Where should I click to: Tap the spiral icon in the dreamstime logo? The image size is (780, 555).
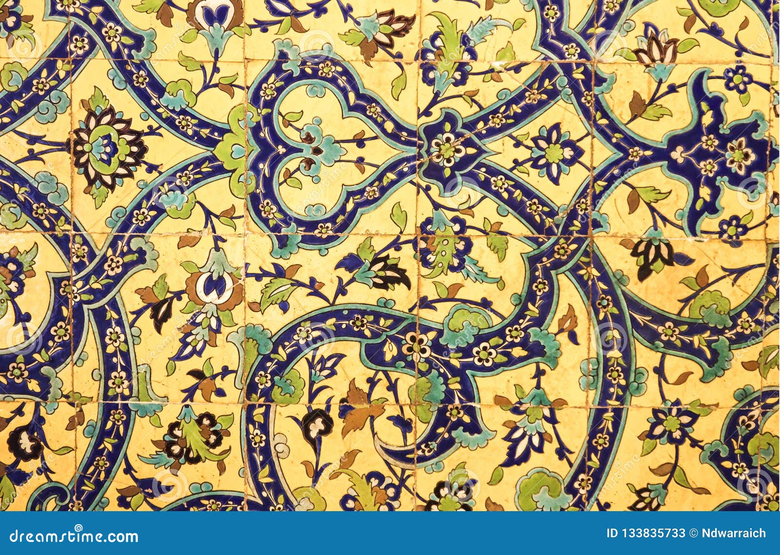tap(78, 529)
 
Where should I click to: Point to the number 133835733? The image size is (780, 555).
tap(654, 533)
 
